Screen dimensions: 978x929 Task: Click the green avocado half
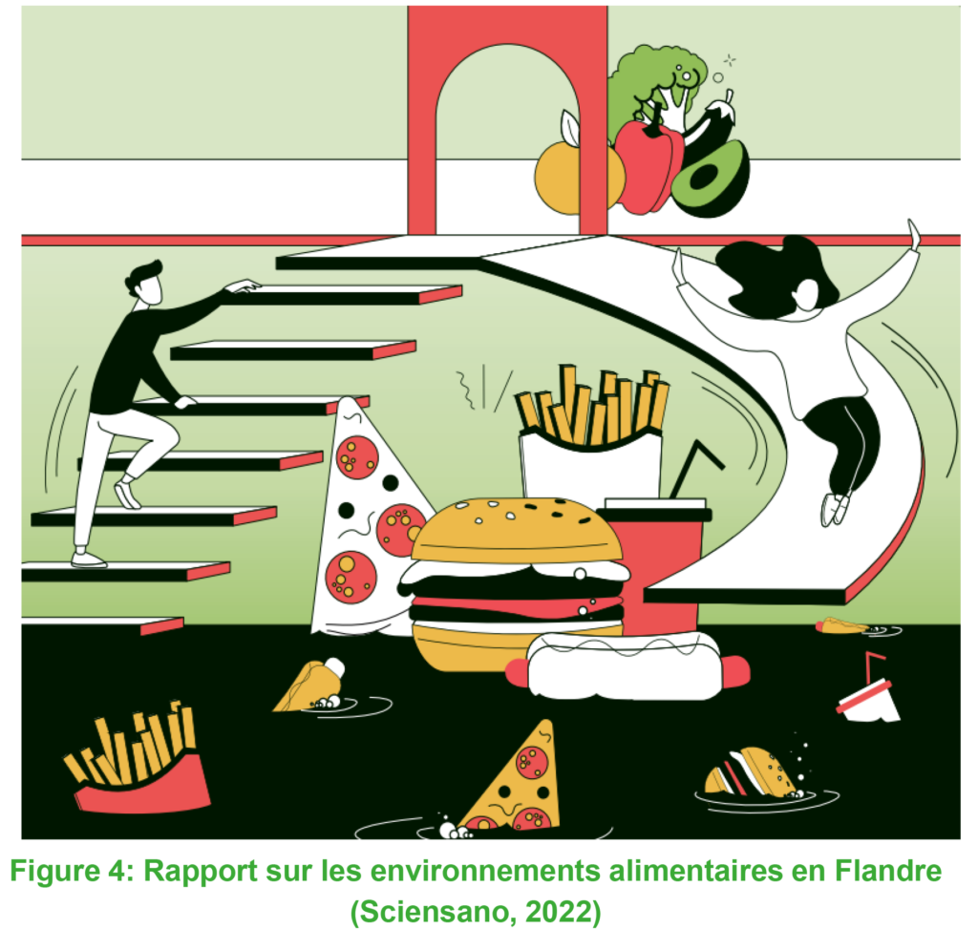pyautogui.click(x=711, y=179)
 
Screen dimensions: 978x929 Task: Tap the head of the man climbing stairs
pyautogui.click(x=145, y=284)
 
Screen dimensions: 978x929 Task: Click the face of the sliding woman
pyautogui.click(x=806, y=294)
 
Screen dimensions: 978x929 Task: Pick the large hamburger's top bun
pyautogui.click(x=517, y=530)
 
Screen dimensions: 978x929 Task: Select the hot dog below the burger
pyautogui.click(x=627, y=667)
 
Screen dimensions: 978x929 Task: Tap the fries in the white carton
pyautogui.click(x=591, y=405)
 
